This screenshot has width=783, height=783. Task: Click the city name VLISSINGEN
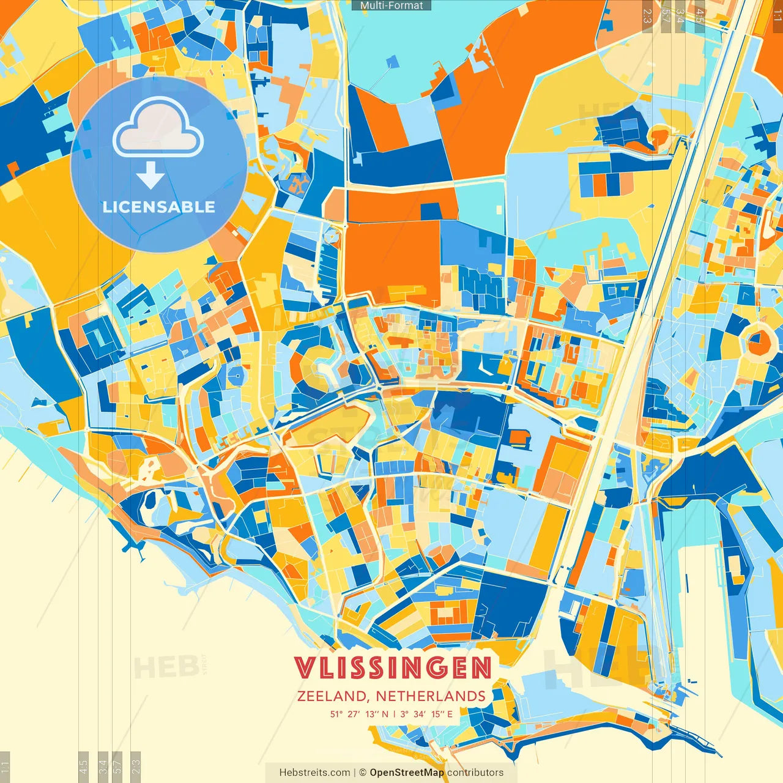(x=393, y=668)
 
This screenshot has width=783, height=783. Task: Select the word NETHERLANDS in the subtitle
(x=431, y=696)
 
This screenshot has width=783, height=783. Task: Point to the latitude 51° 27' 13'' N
(x=359, y=714)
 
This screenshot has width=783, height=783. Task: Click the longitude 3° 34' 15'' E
(x=427, y=714)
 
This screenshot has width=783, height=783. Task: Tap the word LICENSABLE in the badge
(x=158, y=207)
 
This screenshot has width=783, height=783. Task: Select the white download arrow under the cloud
(x=150, y=176)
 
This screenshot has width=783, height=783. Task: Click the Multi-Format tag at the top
(x=391, y=6)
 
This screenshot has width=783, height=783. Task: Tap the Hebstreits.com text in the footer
(x=314, y=773)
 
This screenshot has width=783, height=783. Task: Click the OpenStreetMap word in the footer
(x=407, y=773)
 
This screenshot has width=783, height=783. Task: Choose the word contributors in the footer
(x=475, y=773)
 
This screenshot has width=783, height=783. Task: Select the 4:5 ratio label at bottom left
(x=84, y=766)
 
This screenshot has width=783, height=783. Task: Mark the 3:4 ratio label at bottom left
(x=103, y=766)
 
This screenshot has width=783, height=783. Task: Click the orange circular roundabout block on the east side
(x=759, y=340)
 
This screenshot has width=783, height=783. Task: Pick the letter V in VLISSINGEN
(x=303, y=668)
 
